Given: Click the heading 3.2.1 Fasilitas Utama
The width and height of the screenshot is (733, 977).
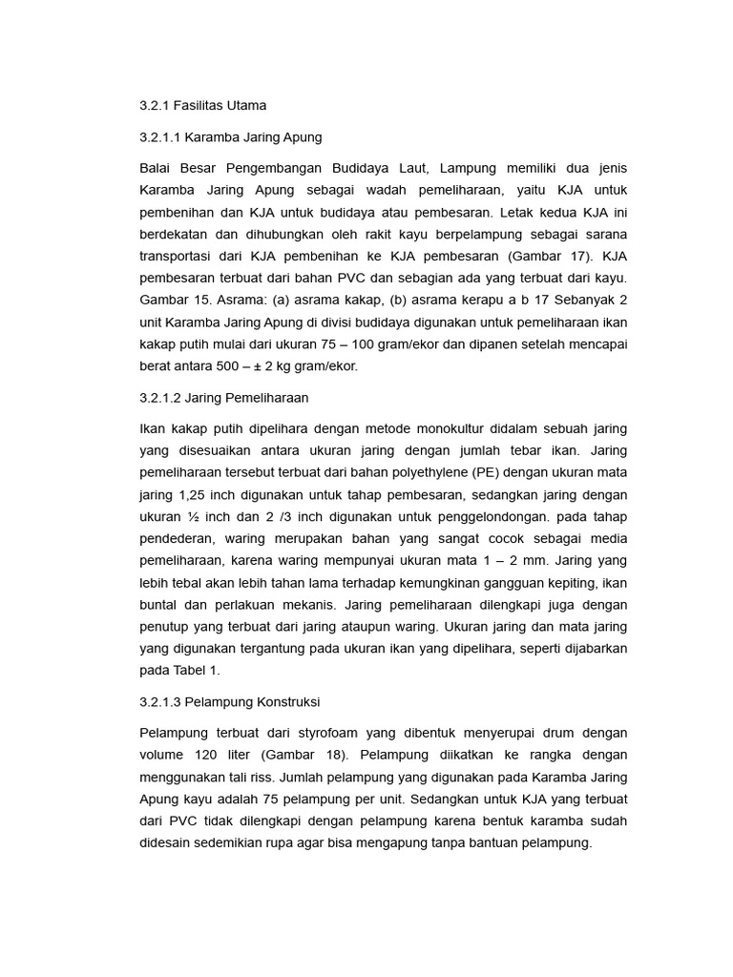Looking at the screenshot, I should [202, 105].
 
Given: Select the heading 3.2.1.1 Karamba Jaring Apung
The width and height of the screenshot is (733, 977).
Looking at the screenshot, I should [223, 136].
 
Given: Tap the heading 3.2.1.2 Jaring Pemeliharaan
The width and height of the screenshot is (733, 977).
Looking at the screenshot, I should [223, 397].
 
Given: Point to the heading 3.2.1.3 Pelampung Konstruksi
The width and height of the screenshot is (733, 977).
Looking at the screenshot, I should [229, 701].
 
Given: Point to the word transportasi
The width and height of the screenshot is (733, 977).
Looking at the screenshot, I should [178, 256].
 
